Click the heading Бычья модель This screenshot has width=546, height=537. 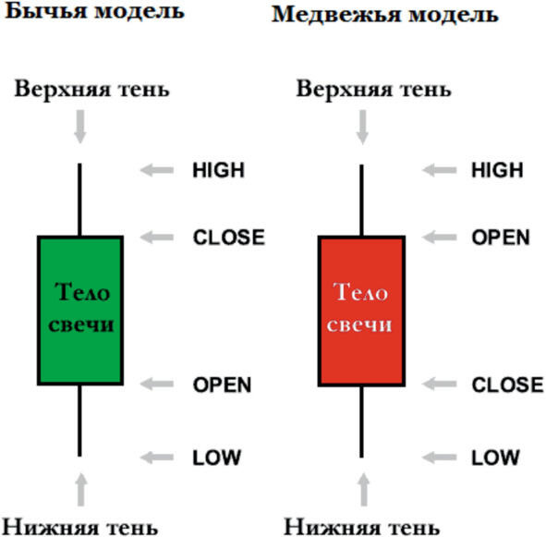[x=95, y=11]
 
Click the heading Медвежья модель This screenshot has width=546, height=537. [x=385, y=15]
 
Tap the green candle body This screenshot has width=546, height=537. [x=80, y=311]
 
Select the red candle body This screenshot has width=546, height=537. [x=361, y=311]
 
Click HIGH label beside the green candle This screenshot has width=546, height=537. [x=219, y=170]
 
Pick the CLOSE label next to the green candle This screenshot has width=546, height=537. [x=229, y=238]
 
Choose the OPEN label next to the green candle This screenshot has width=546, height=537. [x=222, y=384]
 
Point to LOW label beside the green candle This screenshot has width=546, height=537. [x=217, y=458]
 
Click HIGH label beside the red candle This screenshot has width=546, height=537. [x=497, y=170]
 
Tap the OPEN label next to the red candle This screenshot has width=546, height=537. [x=501, y=238]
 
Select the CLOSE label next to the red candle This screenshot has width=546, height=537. [x=508, y=384]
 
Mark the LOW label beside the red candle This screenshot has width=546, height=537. [x=495, y=458]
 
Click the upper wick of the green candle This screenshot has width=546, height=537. [x=79, y=200]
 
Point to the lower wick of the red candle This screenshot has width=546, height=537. [x=361, y=422]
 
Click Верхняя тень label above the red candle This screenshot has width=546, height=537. [x=373, y=89]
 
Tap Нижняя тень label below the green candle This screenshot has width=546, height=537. [x=80, y=526]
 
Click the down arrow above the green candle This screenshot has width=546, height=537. [x=80, y=127]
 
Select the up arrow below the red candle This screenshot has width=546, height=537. [x=363, y=489]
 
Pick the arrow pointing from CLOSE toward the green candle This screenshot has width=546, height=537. [x=157, y=238]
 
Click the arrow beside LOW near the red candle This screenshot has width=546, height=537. [x=439, y=458]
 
